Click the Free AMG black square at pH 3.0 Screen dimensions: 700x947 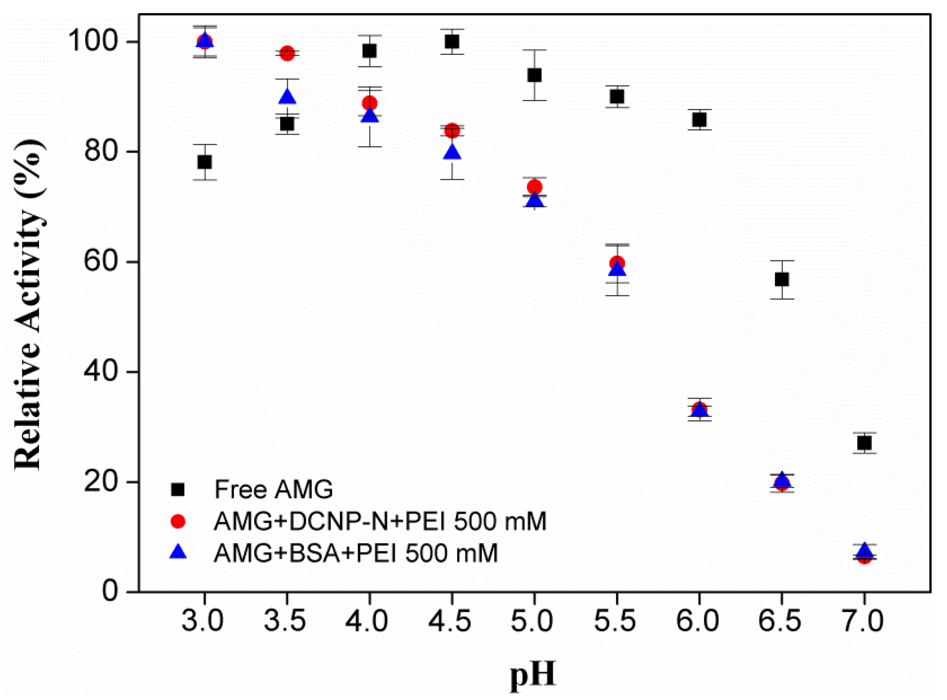point(205,162)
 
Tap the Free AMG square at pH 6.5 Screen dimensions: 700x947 point(782,280)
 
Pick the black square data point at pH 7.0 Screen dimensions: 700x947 point(865,443)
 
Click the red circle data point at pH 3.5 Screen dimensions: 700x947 point(287,53)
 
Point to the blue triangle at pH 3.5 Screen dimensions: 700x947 point(287,97)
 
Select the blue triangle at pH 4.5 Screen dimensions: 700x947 point(452,152)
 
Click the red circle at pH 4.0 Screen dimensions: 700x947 point(370,103)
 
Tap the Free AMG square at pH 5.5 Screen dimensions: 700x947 point(617,97)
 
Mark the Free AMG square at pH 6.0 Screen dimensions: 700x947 point(699,120)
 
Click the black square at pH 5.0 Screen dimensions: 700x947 point(534,76)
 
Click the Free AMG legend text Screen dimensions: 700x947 point(273,490)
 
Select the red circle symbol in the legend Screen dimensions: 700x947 point(178,521)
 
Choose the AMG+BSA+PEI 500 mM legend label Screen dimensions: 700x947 point(355,553)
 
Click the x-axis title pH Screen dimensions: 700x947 point(532,675)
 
